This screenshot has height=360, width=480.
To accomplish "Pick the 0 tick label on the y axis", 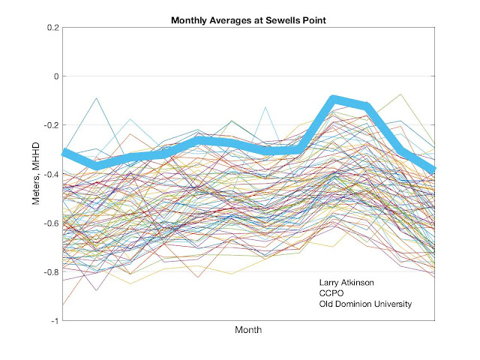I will (54, 76).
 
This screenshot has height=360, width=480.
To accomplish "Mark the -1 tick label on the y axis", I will (52, 320).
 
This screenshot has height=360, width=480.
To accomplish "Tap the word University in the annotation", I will (397, 304).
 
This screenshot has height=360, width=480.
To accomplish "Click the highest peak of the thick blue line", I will (334, 100).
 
